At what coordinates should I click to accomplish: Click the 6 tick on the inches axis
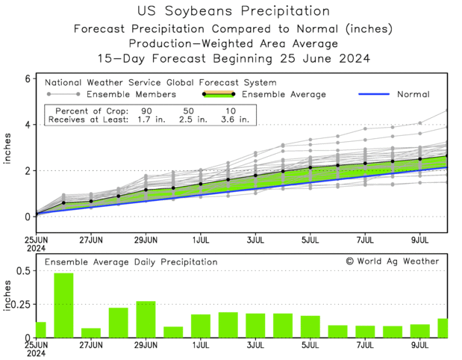coord(27,78)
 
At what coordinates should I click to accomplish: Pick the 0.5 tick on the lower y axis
coord(22,270)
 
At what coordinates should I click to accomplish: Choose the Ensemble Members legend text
coord(131,95)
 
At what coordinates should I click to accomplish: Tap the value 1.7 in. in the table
coord(146,118)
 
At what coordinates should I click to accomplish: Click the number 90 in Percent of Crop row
coord(146,109)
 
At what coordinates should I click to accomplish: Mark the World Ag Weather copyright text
coord(393,261)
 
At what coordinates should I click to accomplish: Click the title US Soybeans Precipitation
coord(234,11)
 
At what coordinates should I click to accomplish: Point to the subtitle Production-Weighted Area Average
coord(234,43)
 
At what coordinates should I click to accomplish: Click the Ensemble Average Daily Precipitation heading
coord(131,262)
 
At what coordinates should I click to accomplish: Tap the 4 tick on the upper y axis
coord(27,125)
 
